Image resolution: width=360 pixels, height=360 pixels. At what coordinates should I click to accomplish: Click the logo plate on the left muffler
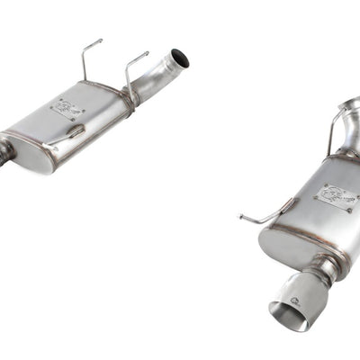point(67,109)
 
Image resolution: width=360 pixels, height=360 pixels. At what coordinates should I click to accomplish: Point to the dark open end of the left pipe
point(182,60)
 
